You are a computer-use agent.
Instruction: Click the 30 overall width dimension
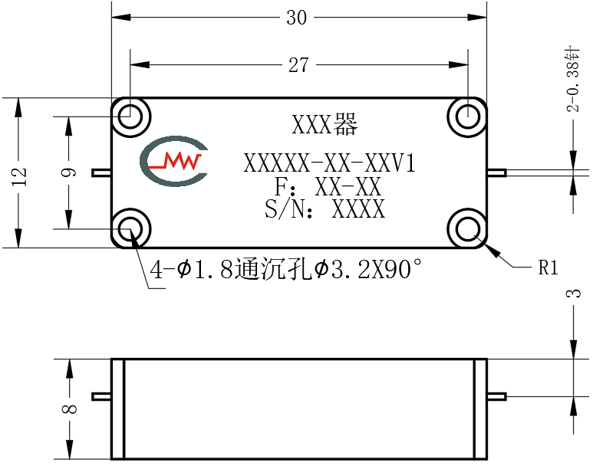(296, 18)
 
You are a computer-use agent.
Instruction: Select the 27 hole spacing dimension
(298, 65)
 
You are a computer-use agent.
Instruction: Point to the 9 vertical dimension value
(69, 172)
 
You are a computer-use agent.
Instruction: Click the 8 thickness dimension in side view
(69, 409)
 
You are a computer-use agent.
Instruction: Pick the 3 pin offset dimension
(573, 294)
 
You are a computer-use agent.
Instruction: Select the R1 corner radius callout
(548, 267)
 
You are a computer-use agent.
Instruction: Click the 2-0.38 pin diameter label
(572, 80)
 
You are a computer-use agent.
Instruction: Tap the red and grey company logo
(173, 162)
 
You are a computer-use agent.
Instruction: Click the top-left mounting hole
(130, 116)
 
